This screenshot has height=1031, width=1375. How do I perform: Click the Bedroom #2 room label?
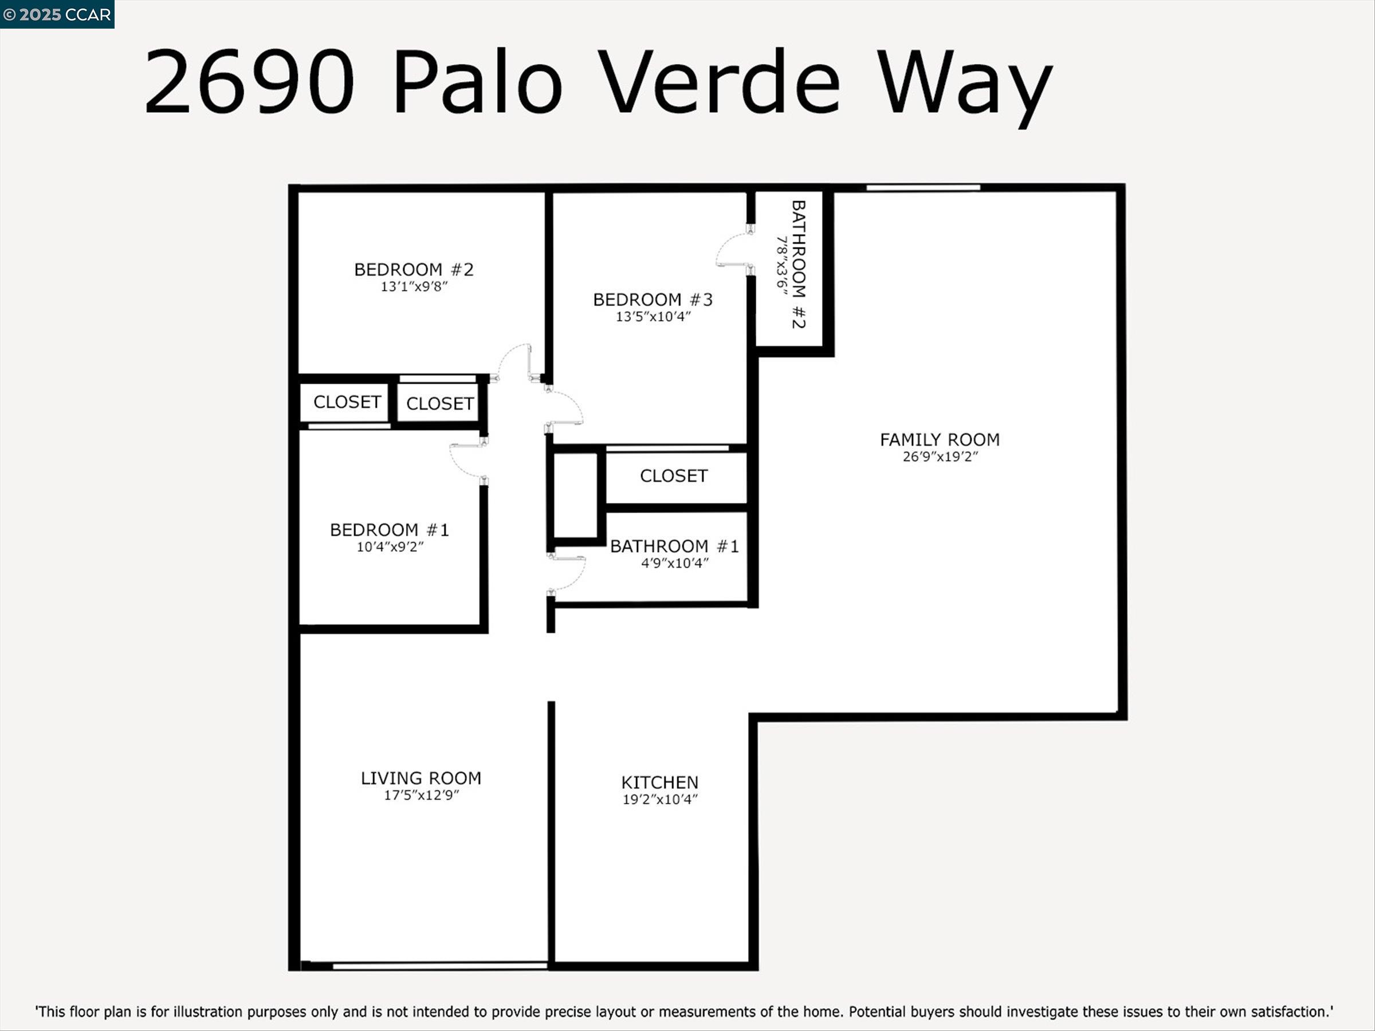pyautogui.click(x=414, y=270)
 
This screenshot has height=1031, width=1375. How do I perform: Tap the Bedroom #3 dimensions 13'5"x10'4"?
pyautogui.click(x=653, y=317)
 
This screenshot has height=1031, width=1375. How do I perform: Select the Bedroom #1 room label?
pyautogui.click(x=389, y=530)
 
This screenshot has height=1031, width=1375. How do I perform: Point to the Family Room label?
pyautogui.click(x=939, y=440)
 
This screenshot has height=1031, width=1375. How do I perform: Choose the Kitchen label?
pyautogui.click(x=659, y=782)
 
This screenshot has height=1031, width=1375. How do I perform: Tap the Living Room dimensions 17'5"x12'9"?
pyautogui.click(x=421, y=796)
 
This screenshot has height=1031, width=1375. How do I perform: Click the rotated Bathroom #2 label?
pyautogui.click(x=798, y=264)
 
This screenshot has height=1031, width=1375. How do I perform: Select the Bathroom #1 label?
pyautogui.click(x=674, y=546)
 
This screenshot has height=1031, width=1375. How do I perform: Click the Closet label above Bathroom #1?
pyautogui.click(x=674, y=476)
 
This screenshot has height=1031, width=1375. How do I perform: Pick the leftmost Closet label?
pyautogui.click(x=347, y=402)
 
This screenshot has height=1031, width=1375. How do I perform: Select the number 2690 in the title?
pyautogui.click(x=249, y=82)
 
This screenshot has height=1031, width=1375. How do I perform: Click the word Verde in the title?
pyautogui.click(x=722, y=82)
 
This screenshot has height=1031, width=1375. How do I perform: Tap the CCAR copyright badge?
pyautogui.click(x=57, y=14)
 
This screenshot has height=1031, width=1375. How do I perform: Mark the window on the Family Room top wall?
pyautogui.click(x=923, y=188)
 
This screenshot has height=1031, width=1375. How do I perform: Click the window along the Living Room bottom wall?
pyautogui.click(x=439, y=965)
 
